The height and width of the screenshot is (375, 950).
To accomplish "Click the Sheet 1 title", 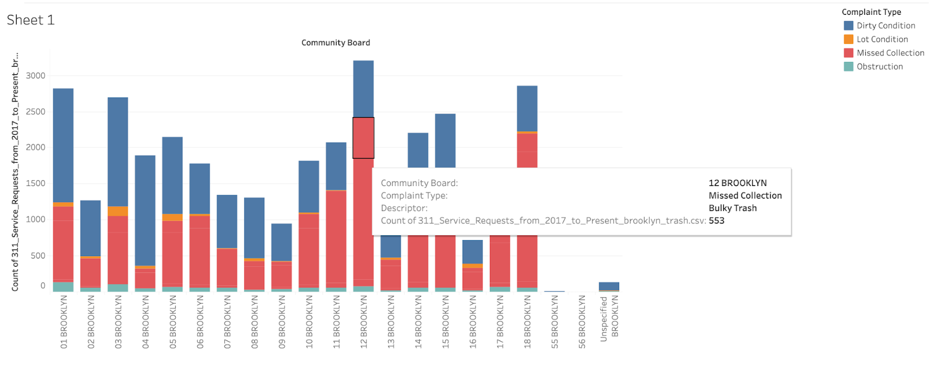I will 30,20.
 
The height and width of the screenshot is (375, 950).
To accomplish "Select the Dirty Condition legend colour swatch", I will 848,26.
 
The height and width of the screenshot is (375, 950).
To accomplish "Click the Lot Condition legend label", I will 882,39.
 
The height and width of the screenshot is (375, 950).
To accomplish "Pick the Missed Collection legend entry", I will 890,53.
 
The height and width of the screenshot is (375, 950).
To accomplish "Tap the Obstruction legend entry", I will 879,67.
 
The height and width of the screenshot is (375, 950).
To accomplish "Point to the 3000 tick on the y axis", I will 36,75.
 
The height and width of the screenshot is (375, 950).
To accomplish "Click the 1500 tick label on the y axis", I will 36,184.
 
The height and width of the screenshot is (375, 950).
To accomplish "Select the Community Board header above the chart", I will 335,43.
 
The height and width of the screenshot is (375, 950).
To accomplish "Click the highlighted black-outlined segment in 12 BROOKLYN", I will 363,137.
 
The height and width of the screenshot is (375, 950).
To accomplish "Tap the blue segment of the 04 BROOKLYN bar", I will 145,208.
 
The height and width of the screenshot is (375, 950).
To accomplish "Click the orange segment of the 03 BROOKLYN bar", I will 118,211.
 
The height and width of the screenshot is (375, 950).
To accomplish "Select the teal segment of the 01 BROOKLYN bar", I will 63,286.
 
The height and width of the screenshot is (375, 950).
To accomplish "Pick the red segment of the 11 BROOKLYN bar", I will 336,238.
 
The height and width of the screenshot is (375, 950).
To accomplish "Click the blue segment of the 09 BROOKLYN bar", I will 281,241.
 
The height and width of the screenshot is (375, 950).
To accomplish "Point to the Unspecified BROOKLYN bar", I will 609,286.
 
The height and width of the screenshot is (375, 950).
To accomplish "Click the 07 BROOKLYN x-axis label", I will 227,322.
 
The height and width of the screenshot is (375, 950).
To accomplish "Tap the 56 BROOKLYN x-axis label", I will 582,322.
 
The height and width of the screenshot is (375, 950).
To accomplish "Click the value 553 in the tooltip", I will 716,220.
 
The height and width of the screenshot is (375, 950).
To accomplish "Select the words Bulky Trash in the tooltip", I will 732,208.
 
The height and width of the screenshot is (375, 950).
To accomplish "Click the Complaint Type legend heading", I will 871,12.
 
